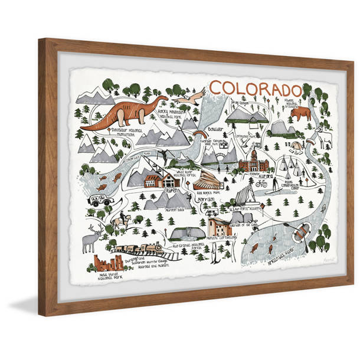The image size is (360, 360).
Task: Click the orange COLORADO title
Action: pyautogui.click(x=255, y=89)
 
